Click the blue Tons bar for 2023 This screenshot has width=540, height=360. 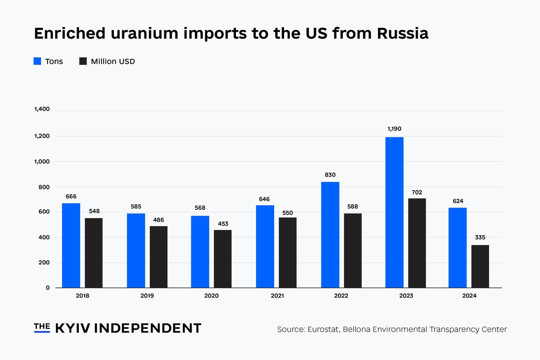click(x=394, y=212)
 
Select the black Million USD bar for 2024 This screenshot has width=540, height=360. click(x=480, y=266)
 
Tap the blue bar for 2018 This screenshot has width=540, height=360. click(x=71, y=245)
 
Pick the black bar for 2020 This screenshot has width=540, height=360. click(x=223, y=259)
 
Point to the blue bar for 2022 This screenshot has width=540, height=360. click(x=330, y=235)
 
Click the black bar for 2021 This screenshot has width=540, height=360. click(x=288, y=252)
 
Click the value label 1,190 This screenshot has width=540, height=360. click(x=394, y=129)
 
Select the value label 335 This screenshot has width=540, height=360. click(x=480, y=238)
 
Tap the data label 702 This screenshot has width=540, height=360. click(x=417, y=193)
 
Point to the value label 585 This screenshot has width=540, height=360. click(x=136, y=207)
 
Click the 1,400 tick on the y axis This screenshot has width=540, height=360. click(x=42, y=109)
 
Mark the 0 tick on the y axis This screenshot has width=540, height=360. click(x=48, y=288)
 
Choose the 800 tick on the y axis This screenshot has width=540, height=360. click(x=44, y=187)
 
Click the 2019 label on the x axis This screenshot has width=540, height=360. click(x=147, y=296)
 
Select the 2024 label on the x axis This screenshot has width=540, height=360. click(x=469, y=296)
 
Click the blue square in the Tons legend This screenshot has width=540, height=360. click(x=37, y=61)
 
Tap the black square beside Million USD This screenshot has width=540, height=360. click(x=83, y=61)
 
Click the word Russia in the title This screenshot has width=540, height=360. click(x=403, y=33)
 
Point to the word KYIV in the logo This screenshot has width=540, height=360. click(x=72, y=328)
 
